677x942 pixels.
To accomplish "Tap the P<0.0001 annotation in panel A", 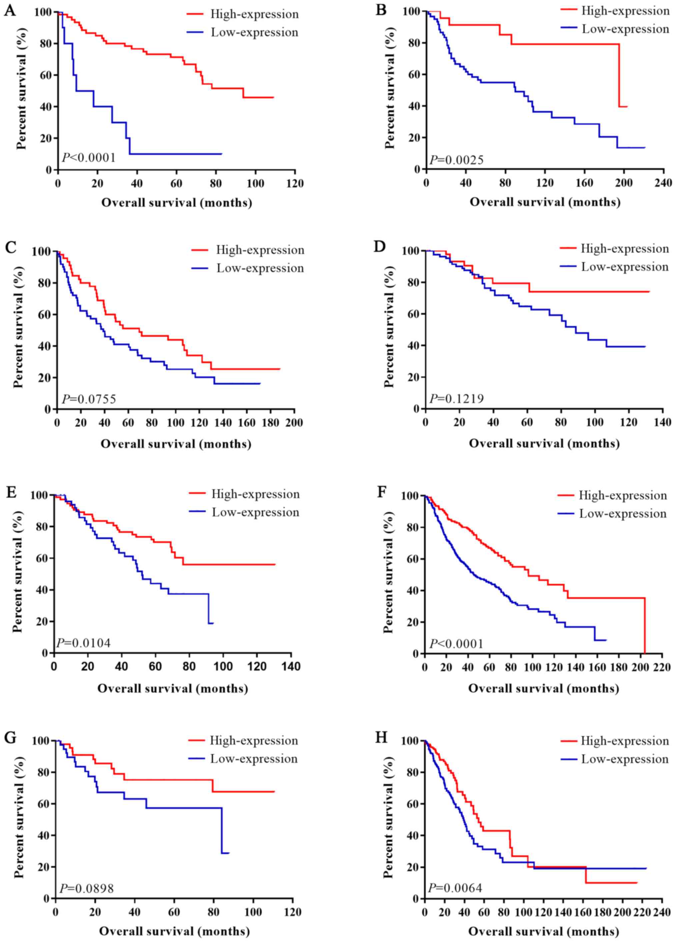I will (89, 158).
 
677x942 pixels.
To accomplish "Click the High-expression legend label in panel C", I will (260, 250).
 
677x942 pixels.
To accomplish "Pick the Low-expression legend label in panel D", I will (625, 267).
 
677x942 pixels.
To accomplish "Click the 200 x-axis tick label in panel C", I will (294, 423).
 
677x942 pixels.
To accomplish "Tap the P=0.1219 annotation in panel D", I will (456, 399).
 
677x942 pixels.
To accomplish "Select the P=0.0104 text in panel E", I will (84, 643).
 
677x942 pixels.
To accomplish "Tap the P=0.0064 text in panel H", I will (455, 888).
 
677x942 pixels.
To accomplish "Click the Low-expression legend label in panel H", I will (625, 759).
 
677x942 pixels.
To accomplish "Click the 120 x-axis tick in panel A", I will (295, 183).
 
